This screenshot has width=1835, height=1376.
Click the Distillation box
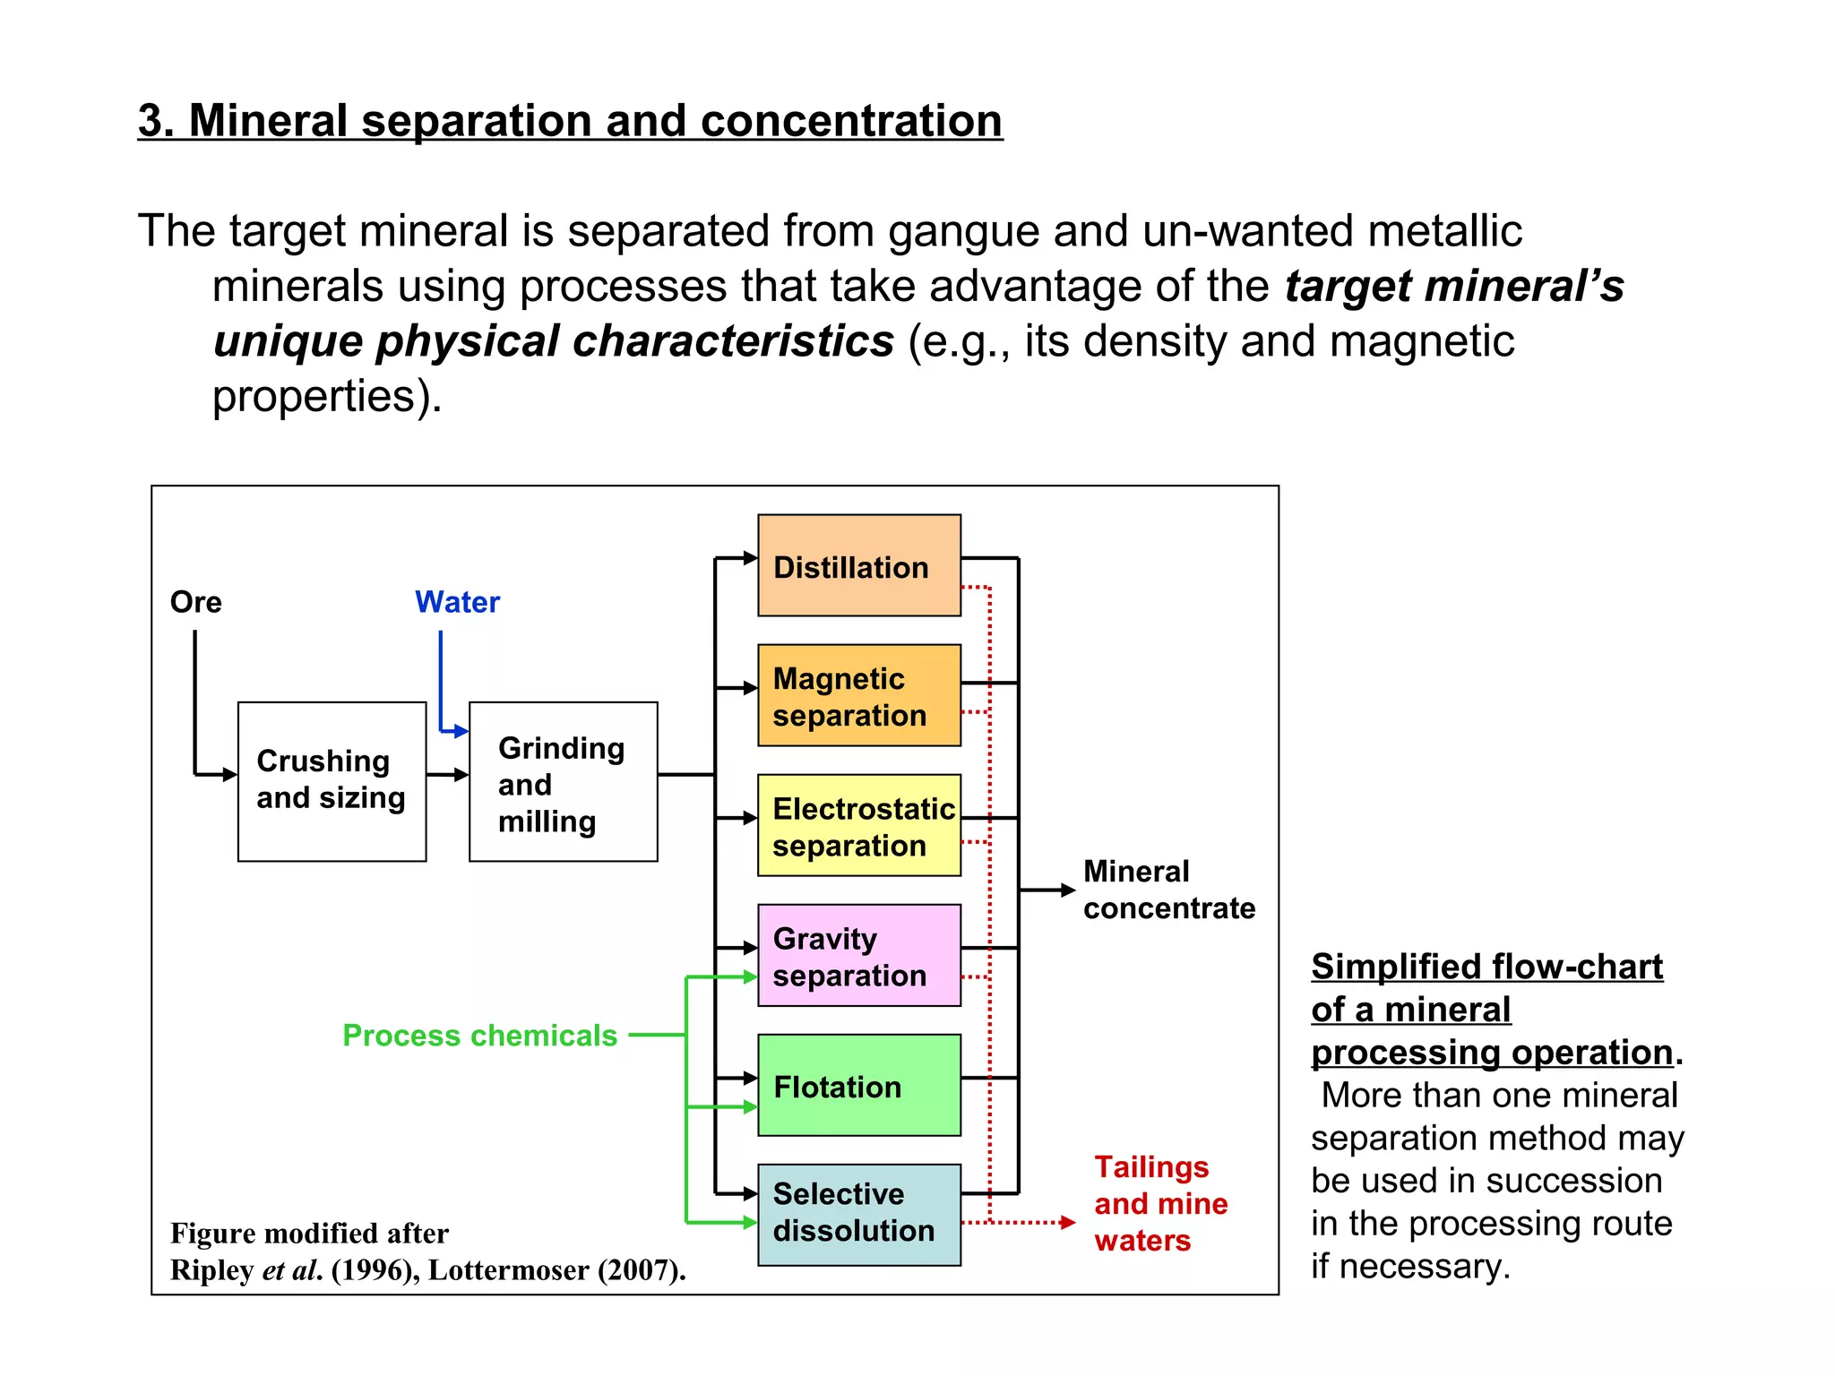858,565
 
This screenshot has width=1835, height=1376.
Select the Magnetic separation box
858,695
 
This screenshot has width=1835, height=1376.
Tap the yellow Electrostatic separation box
858,825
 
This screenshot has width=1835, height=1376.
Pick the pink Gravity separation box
858,955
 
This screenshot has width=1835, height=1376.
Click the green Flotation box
858,1085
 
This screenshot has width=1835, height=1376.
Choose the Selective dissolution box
858,1215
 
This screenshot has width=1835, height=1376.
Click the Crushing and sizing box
332,781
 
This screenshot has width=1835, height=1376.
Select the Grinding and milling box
563,781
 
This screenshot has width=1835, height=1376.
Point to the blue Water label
457,602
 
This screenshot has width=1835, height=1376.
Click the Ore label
195,602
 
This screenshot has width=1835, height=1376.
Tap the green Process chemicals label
479,1036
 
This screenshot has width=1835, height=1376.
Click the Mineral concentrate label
1167,890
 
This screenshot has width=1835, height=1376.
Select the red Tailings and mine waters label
1159,1204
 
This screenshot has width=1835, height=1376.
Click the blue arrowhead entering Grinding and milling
461,731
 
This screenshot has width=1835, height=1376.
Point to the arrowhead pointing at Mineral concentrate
1067,890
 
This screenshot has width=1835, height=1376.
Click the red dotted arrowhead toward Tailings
1067,1222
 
